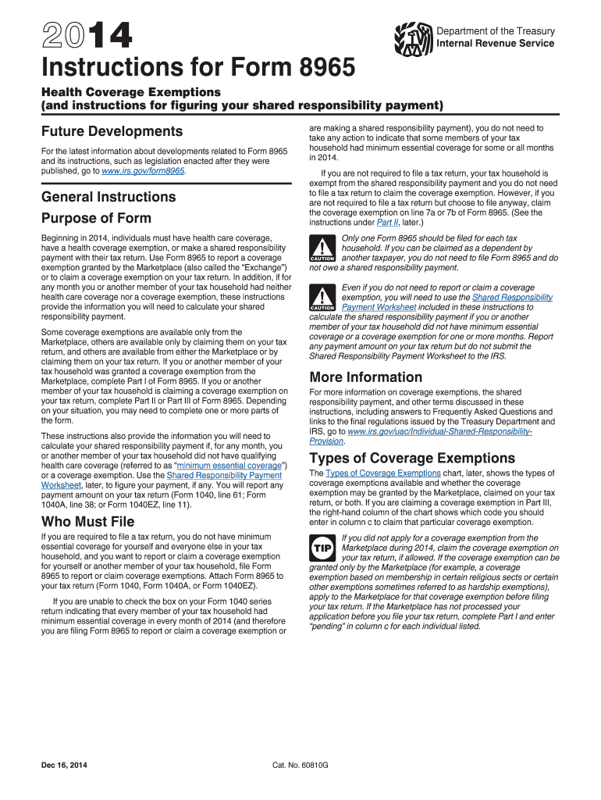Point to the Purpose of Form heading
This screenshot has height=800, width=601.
pyautogui.click(x=96, y=218)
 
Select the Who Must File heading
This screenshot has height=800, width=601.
pyautogui.click(x=87, y=521)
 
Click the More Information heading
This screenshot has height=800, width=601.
pyautogui.click(x=366, y=377)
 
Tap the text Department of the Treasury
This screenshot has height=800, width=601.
pyautogui.click(x=496, y=31)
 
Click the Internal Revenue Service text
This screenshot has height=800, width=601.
pyautogui.click(x=496, y=43)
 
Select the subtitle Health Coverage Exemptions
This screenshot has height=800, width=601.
pyautogui.click(x=130, y=92)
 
